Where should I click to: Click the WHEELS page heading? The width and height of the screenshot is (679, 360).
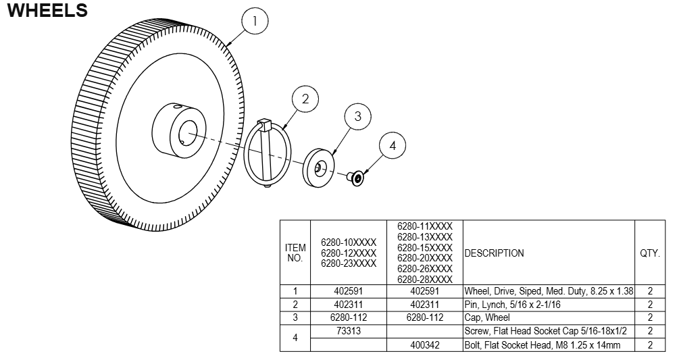(47, 11)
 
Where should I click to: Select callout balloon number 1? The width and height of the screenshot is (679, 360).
(255, 22)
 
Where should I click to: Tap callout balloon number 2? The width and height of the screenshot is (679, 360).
(305, 99)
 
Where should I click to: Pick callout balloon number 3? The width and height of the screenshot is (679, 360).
(357, 116)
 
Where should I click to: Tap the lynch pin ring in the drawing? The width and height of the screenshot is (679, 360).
(268, 152)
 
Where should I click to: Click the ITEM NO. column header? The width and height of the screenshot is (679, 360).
(295, 253)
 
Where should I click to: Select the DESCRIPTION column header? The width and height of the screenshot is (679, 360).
(494, 253)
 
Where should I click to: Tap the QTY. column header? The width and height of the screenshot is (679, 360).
(649, 253)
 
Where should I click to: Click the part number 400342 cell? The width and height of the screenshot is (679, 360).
(425, 345)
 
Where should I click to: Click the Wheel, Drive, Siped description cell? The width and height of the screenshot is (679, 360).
(548, 291)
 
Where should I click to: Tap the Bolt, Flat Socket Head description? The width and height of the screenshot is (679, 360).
(543, 345)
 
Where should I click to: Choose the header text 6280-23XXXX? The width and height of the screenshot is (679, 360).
(349, 263)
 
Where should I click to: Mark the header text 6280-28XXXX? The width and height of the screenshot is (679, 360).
(425, 280)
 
